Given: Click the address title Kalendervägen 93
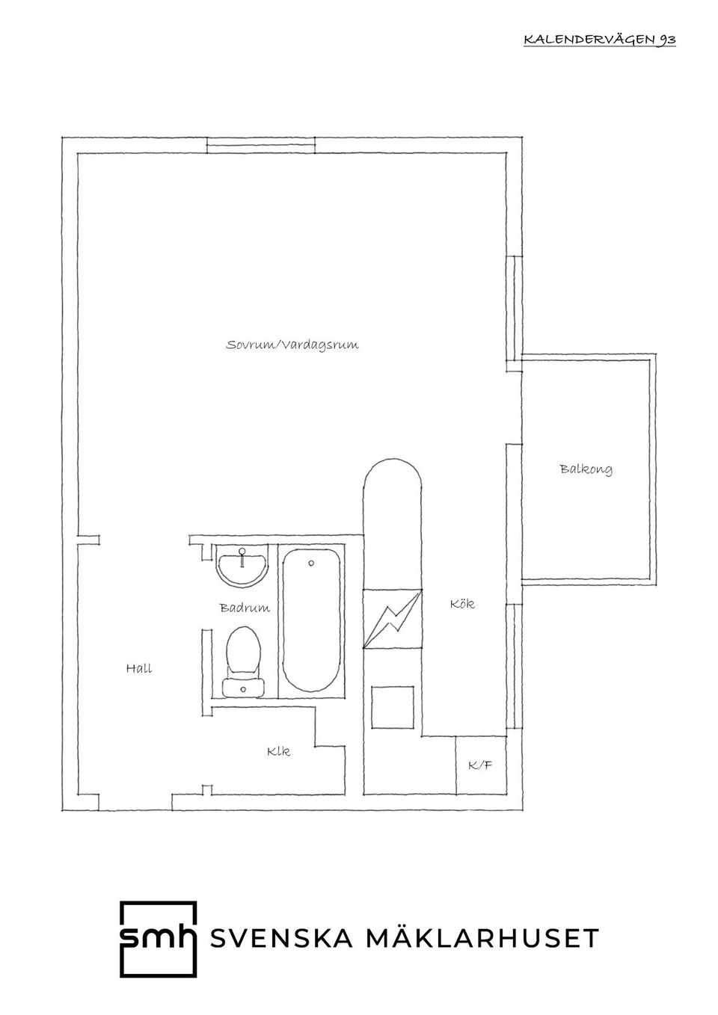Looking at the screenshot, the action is (600, 40).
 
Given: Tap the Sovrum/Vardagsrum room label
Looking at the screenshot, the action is (292, 345).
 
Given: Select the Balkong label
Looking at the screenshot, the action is (586, 469).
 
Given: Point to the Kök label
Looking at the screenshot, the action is (462, 604).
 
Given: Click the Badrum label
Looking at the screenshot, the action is (245, 608).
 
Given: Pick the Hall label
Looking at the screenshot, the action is (139, 668).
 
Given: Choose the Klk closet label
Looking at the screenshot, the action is (278, 751).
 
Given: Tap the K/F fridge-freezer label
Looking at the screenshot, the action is (480, 766).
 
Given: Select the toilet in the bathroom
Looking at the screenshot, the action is (243, 662).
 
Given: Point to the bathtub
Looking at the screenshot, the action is (311, 621).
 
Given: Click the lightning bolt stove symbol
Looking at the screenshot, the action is (393, 619).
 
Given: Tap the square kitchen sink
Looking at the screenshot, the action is (393, 707).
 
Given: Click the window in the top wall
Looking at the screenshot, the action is (261, 146).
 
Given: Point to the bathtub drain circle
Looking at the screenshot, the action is (311, 564).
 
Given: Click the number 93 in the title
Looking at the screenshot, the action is (667, 40).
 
